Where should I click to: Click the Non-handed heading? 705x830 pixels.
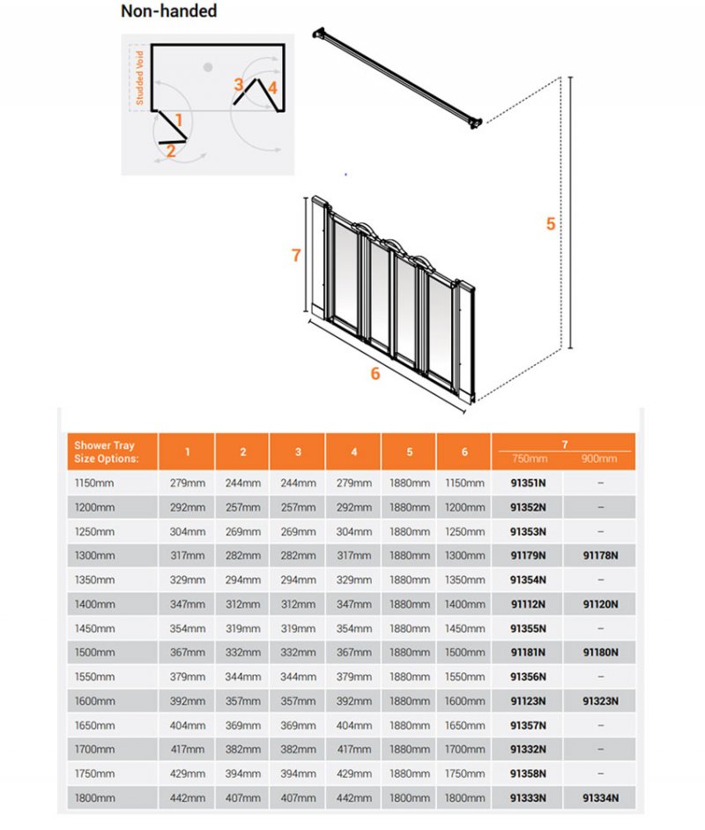169,12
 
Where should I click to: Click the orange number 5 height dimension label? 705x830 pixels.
551,224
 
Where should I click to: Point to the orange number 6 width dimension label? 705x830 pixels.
375,374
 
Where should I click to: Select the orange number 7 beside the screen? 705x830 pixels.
296,256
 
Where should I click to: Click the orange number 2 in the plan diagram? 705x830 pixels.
171,151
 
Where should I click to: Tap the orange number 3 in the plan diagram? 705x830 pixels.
239,85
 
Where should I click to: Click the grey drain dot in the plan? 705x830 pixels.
208,67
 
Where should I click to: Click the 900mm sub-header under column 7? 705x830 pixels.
600,459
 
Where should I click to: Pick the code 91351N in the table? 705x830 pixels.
528,483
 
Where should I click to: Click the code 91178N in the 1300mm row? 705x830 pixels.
600,556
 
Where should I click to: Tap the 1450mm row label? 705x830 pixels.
95,628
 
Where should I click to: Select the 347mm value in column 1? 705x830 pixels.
188,604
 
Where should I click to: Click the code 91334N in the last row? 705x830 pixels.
600,797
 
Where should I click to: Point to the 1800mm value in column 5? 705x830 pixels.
410,797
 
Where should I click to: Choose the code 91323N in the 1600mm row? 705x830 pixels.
600,701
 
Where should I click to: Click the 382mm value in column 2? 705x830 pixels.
243,749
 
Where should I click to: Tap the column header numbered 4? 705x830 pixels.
353,452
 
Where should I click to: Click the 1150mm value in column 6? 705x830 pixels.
464,483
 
